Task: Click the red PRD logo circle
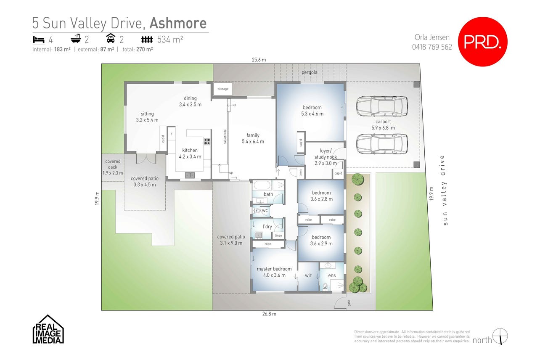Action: pos(483,42)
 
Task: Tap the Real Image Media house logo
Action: pos(48,329)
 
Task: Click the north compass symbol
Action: pos(500,336)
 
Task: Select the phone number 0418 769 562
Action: pos(432,47)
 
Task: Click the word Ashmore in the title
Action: pos(178,23)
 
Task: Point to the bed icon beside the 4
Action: pos(39,40)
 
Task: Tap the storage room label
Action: pos(223,89)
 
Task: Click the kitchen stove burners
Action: pos(207,141)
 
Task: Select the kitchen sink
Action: pos(190,175)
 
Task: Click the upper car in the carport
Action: pos(382,106)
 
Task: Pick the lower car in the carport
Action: pos(382,144)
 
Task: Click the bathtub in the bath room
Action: pos(262,185)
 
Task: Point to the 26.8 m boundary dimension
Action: pos(269,314)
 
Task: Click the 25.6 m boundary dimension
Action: pos(259,60)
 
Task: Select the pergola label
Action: pos(309,72)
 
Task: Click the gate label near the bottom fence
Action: pos(349,303)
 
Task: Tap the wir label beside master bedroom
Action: pos(308,275)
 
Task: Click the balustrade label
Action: pos(225,137)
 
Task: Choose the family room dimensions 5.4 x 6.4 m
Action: pos(253,142)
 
